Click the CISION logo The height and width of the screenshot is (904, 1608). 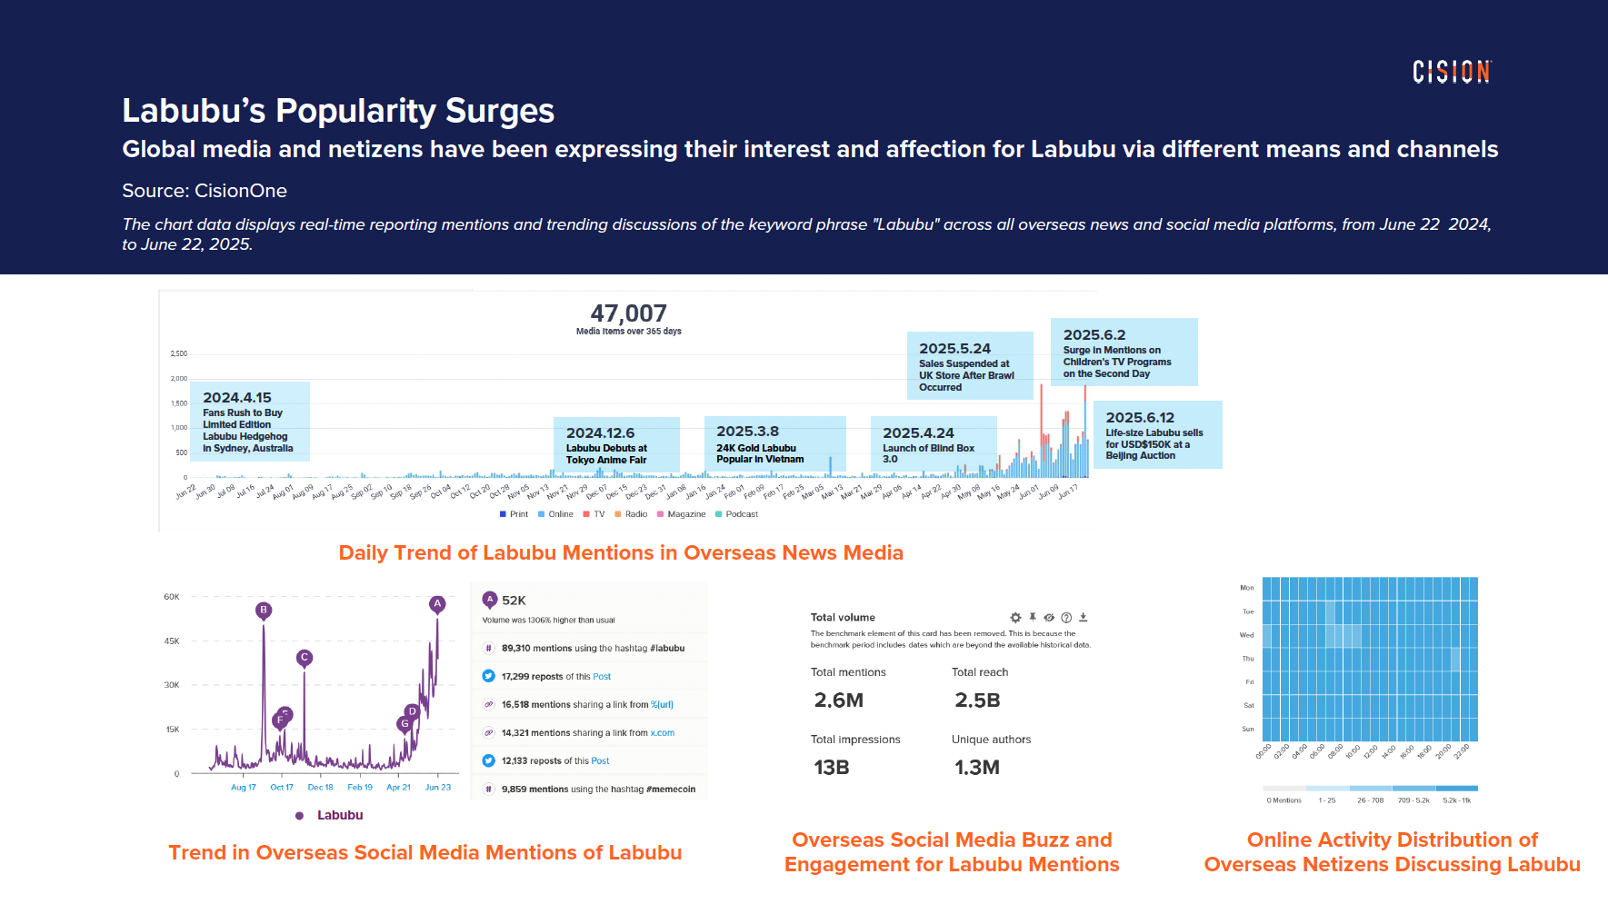[x=1452, y=72]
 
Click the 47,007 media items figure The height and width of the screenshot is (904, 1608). [x=628, y=313]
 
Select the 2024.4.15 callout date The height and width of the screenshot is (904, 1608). [x=237, y=398]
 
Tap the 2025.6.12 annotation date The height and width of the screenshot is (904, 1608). [x=1140, y=418]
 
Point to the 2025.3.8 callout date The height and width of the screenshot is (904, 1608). [x=747, y=432]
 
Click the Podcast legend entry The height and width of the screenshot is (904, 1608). [x=741, y=514]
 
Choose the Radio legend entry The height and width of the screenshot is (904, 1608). [x=635, y=514]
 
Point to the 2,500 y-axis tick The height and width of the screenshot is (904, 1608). [x=178, y=353]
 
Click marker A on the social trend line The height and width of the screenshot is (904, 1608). [x=437, y=603]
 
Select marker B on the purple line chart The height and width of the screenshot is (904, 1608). [x=264, y=610]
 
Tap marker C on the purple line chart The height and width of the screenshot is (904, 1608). [x=305, y=657]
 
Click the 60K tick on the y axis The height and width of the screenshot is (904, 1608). [x=172, y=597]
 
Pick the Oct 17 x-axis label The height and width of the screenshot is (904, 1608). [x=282, y=788]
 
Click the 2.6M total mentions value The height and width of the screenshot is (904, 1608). [x=839, y=700]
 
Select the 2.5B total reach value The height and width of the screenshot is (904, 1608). [x=977, y=700]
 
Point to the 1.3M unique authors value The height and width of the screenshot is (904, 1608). [x=976, y=768]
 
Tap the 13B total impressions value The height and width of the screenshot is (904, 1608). [x=831, y=768]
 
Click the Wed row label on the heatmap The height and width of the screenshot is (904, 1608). [x=1246, y=635]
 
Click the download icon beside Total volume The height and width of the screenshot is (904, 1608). [x=1084, y=617]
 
